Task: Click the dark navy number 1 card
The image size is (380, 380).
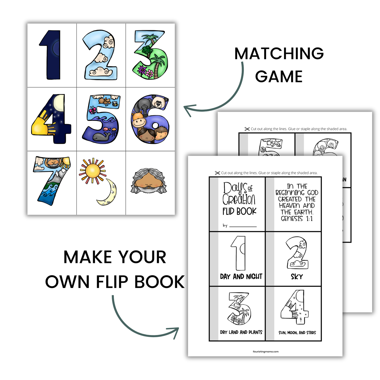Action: point(52,55)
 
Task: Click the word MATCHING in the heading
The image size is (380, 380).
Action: point(279,54)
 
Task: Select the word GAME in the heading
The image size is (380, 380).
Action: point(279,77)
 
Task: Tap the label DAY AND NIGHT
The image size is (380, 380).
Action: point(241,277)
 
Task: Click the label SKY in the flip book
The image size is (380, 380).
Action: point(297,277)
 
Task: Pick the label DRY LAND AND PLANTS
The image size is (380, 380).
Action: point(241,332)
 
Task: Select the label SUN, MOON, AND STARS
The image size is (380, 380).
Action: point(297,333)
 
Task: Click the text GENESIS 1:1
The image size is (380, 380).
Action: point(297,219)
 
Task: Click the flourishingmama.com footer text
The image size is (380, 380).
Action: point(266,352)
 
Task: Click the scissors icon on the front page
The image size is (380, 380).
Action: point(217,173)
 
